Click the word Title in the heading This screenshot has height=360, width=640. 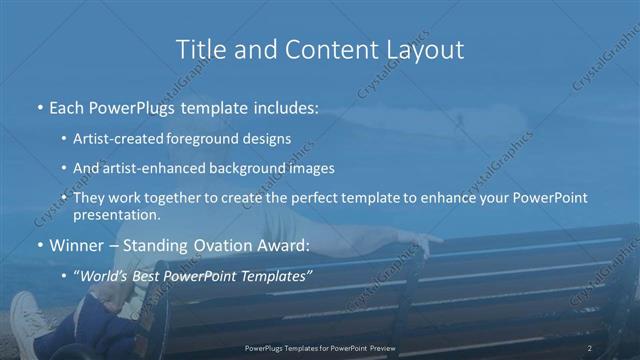(x=199, y=49)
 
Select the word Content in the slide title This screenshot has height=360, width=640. (x=316, y=49)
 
